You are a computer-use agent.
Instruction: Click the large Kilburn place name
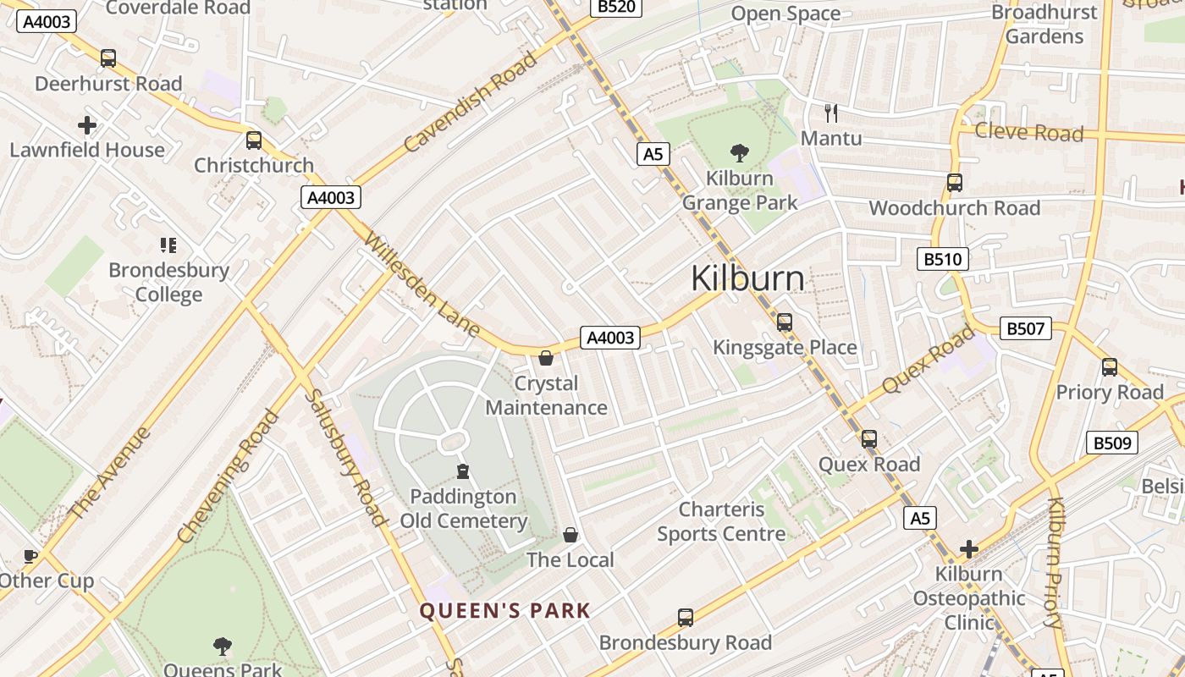pyautogui.click(x=747, y=278)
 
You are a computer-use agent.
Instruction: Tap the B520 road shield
pyautogui.click(x=615, y=7)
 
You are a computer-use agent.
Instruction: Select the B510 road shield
pyautogui.click(x=942, y=259)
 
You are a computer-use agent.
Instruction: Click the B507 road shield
pyautogui.click(x=1025, y=328)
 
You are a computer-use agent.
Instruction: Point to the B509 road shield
pyautogui.click(x=1111, y=443)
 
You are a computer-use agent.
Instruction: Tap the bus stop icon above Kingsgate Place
pyautogui.click(x=784, y=322)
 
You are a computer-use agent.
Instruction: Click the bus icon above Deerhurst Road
pyautogui.click(x=108, y=58)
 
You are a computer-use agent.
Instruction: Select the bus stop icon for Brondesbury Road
pyautogui.click(x=686, y=618)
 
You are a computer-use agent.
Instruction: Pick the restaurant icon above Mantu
pyautogui.click(x=830, y=113)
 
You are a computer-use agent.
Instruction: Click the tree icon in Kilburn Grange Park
pyautogui.click(x=739, y=153)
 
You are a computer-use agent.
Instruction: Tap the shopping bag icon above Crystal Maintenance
pyautogui.click(x=546, y=358)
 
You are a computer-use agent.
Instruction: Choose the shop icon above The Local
pyautogui.click(x=570, y=535)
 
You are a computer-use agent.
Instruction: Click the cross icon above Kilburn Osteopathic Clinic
pyautogui.click(x=968, y=549)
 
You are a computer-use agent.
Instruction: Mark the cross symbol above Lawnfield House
pyautogui.click(x=86, y=125)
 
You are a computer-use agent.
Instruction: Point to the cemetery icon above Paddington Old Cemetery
pyautogui.click(x=463, y=471)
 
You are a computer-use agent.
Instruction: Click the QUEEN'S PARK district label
pyautogui.click(x=504, y=611)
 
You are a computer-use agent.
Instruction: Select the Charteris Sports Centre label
pyautogui.click(x=722, y=521)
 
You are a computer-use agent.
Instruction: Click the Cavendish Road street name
pyautogui.click(x=471, y=102)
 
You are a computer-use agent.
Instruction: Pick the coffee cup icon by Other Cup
pyautogui.click(x=30, y=556)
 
